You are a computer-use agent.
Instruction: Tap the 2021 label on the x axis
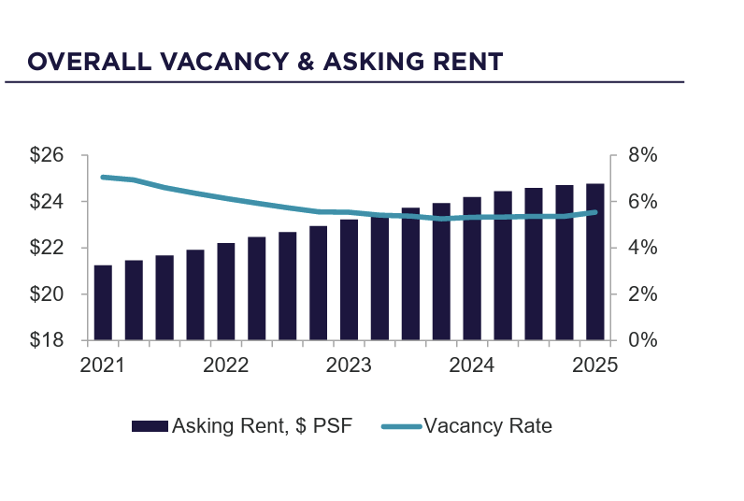(102, 365)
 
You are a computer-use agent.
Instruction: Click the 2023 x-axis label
(349, 365)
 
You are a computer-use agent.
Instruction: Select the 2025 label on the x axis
(595, 365)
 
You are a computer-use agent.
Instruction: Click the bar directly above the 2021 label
(103, 302)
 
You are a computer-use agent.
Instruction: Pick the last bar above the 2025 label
(595, 262)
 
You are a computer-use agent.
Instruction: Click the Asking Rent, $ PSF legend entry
(242, 426)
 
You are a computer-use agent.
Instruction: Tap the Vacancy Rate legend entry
(467, 426)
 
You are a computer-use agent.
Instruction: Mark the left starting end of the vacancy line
(102, 177)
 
